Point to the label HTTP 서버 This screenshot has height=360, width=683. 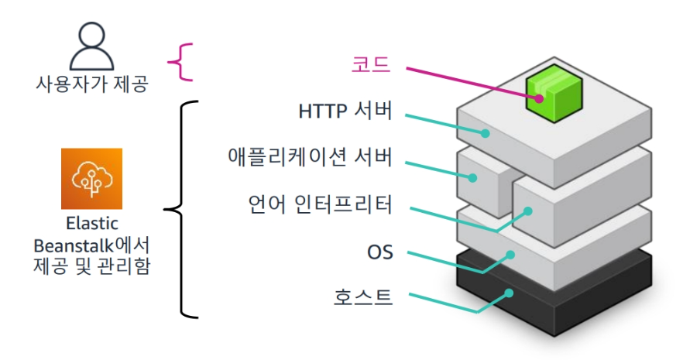click(345, 111)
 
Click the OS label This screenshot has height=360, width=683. click(380, 252)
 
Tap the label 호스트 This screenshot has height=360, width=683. click(363, 296)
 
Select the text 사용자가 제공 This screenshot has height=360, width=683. click(91, 84)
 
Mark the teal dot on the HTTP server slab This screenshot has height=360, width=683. click(487, 132)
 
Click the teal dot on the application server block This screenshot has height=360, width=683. click(474, 177)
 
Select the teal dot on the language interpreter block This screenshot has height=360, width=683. click(528, 210)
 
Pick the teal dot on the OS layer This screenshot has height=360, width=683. click(510, 253)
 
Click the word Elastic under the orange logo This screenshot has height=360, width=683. click(91, 225)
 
